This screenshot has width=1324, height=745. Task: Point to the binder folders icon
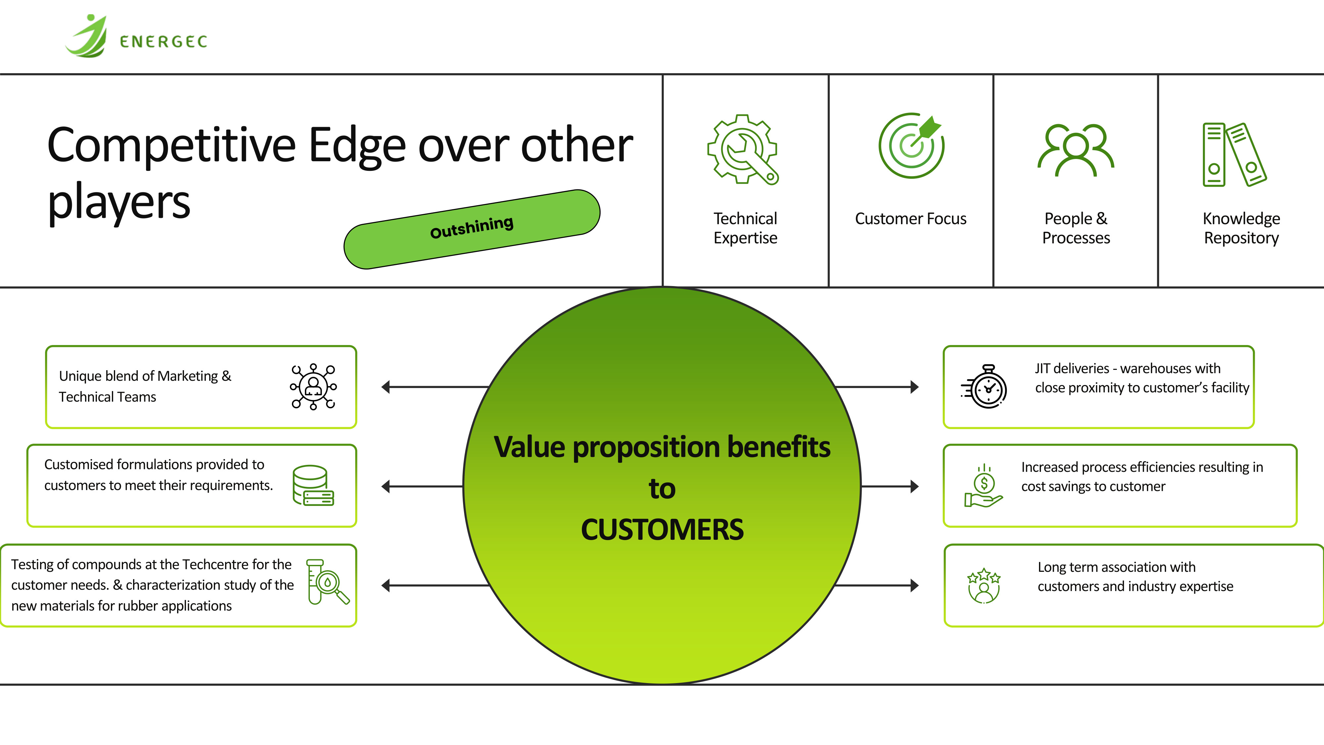(1235, 154)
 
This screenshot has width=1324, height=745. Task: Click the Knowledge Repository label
(1241, 228)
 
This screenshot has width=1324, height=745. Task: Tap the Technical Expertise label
(745, 228)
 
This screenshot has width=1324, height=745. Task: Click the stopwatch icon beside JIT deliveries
(984, 387)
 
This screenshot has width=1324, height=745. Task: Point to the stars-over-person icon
(984, 586)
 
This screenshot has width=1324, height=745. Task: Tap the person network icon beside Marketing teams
(313, 387)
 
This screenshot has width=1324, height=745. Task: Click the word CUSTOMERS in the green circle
(662, 529)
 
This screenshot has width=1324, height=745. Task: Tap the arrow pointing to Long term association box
(877, 585)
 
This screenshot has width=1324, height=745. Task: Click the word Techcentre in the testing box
(215, 565)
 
